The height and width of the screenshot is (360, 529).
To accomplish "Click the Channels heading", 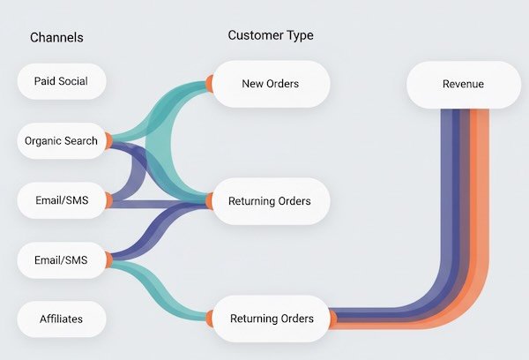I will [x=56, y=38].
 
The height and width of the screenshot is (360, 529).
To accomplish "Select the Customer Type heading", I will [x=270, y=35].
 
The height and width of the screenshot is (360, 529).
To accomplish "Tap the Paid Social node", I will [x=61, y=81].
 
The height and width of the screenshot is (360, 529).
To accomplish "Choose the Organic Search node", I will [x=61, y=141].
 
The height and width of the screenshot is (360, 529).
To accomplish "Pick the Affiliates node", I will [x=61, y=319].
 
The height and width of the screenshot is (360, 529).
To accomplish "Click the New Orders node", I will [x=270, y=84].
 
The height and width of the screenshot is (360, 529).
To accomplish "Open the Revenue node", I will [x=463, y=84].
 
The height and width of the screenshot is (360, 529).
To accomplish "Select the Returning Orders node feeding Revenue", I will [x=270, y=319].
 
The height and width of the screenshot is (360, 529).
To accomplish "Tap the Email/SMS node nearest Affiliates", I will [x=61, y=259].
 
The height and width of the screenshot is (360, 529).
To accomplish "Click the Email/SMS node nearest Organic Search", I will [x=61, y=200].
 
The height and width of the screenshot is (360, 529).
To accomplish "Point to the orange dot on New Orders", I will [x=210, y=84].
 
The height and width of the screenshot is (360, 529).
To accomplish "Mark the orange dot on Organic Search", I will [x=107, y=141].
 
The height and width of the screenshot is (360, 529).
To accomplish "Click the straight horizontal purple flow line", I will [x=159, y=205].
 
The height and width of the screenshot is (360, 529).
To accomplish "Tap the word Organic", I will [x=43, y=141].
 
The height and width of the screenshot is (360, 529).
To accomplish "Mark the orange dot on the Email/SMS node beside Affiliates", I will [x=107, y=259].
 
